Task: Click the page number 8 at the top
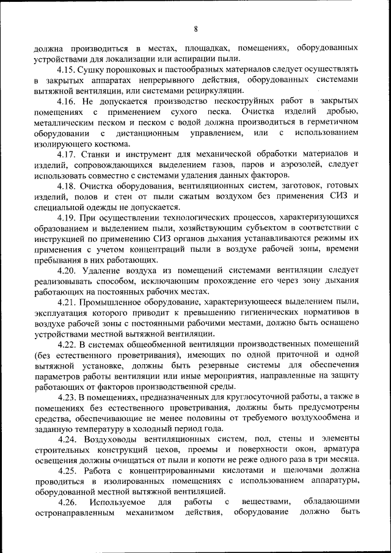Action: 195,29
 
